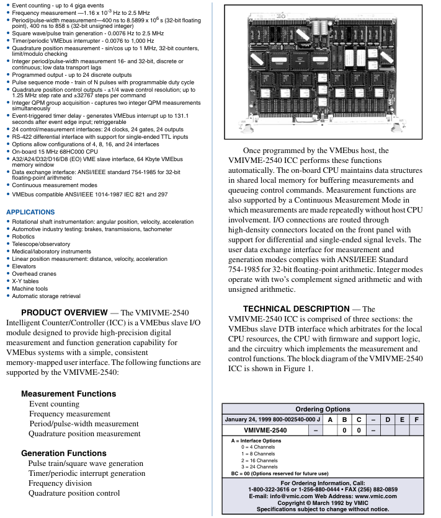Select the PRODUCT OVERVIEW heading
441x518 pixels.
65,312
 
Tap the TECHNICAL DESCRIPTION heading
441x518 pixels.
296,309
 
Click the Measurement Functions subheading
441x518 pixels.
68,393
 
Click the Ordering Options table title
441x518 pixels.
323,410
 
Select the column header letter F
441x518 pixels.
417,419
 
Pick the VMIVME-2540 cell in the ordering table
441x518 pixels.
265,430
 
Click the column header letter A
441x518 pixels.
330,419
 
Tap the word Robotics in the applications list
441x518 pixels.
24,236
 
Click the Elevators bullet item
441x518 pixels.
24,266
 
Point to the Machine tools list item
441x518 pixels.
30,288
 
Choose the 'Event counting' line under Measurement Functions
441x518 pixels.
55,404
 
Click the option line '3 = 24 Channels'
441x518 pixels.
259,467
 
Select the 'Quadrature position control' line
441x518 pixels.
74,493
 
